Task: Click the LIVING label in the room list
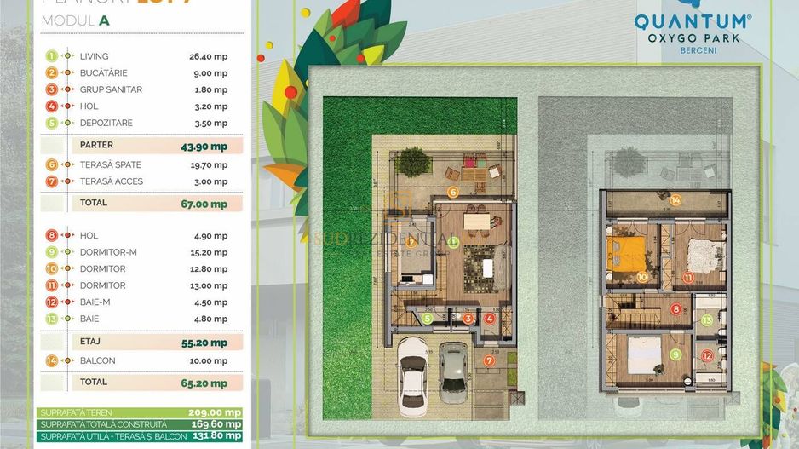click(94, 56)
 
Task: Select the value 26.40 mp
click(208, 56)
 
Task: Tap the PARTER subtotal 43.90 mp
click(204, 146)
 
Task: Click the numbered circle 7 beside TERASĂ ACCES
click(53, 181)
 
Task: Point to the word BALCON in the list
click(97, 360)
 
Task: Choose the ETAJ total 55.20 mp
click(204, 343)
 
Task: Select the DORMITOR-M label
click(108, 252)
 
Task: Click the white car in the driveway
click(413, 367)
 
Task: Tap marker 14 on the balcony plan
click(675, 200)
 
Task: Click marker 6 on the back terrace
click(453, 193)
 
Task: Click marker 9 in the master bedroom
click(675, 354)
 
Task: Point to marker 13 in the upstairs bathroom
click(706, 320)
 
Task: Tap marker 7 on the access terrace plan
click(489, 360)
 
